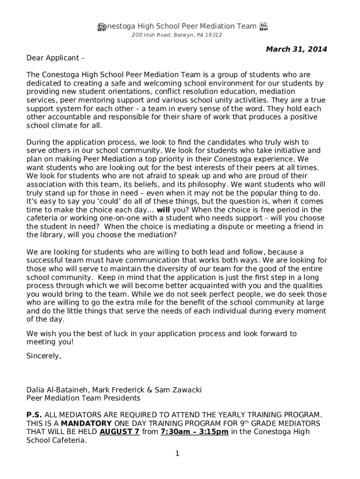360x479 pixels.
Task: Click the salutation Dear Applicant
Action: (55, 58)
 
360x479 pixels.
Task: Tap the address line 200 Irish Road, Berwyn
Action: (176, 35)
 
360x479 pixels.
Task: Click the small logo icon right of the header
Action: (263, 26)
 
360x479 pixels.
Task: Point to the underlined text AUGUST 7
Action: (120, 432)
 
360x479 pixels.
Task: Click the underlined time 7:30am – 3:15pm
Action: (194, 432)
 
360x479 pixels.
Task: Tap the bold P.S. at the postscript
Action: (34, 414)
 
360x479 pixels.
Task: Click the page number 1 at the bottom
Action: (178, 453)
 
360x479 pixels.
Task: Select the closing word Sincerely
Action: (44, 356)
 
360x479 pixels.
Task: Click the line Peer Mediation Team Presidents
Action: (83, 398)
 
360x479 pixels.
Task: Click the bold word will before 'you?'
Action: (163, 210)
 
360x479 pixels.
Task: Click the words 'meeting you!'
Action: (50, 342)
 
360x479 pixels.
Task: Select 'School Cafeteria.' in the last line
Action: (57, 440)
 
